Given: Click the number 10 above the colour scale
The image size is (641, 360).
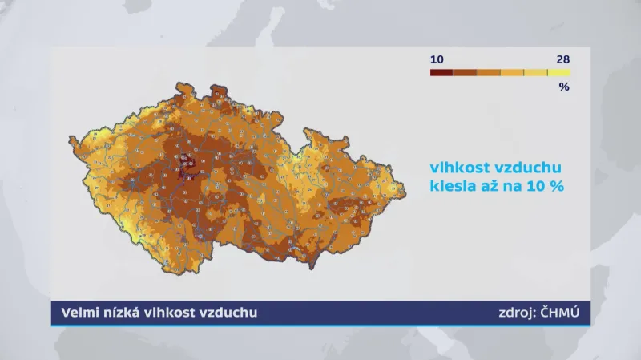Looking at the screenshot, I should click(437, 59).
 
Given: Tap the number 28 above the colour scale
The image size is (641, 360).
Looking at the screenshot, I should click(562, 59).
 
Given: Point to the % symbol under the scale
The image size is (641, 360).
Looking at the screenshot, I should click(563, 87).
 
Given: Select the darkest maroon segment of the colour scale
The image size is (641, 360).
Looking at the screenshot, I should click(441, 73).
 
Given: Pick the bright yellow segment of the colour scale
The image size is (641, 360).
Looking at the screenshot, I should click(559, 73).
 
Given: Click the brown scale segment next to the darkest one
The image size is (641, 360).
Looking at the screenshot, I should click(465, 73).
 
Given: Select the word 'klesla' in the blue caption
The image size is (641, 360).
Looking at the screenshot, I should click(454, 186).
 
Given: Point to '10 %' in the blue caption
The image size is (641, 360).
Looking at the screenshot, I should click(550, 186).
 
